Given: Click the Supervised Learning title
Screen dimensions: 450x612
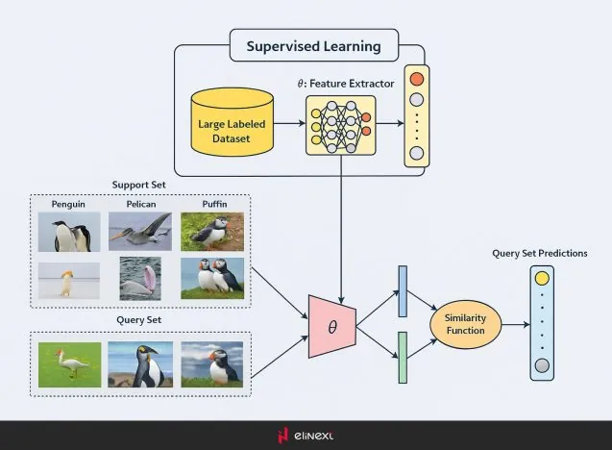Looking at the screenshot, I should point(313,45).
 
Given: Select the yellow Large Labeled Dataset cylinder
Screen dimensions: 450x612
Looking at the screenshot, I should point(232,124).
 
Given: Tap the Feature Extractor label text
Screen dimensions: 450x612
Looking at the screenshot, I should point(346,84).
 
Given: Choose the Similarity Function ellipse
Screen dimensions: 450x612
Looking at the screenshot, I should point(465,323).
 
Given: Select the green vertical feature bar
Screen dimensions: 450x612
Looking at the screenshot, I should point(403,358).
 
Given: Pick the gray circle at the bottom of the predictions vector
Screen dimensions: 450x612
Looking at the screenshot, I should point(542,364).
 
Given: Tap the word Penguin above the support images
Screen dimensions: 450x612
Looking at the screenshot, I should point(70,204).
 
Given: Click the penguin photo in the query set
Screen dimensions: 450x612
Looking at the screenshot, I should point(140,364).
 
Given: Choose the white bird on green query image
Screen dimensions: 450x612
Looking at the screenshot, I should point(69,364).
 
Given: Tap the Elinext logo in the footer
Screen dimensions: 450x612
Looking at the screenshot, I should point(306,436).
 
